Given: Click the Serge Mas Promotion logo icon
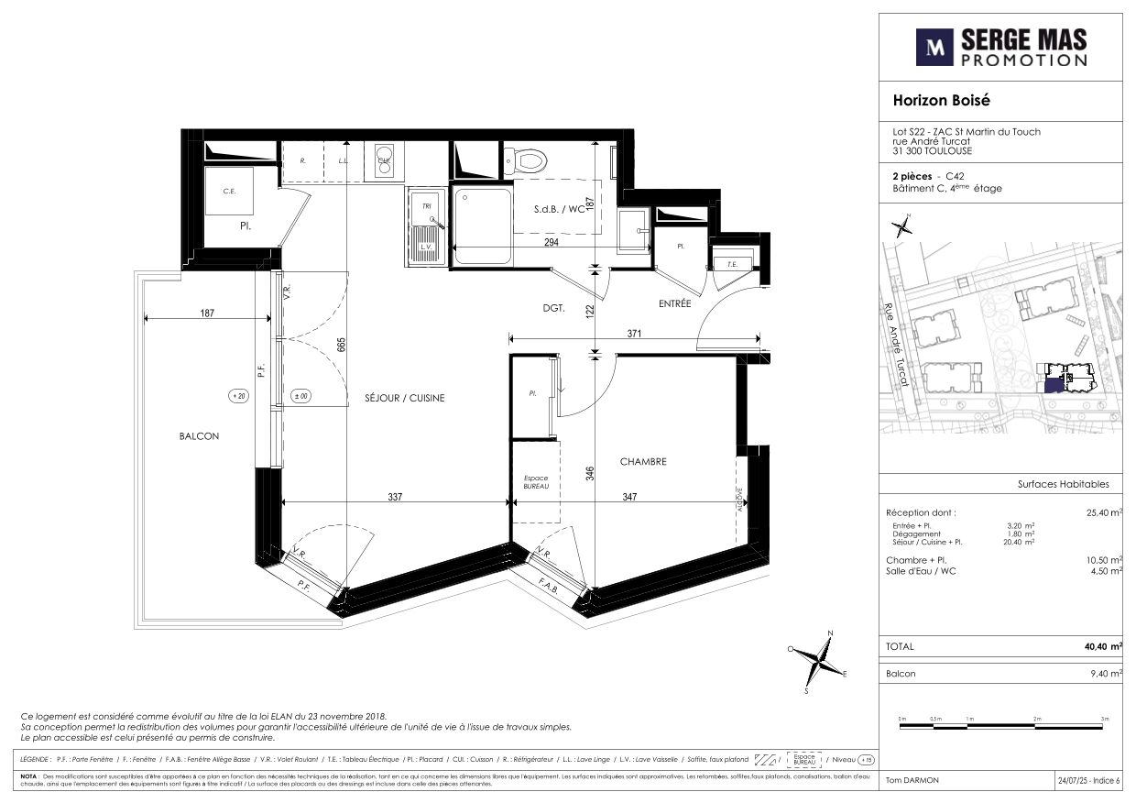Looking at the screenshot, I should [934, 48].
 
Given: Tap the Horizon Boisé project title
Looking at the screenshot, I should [941, 101].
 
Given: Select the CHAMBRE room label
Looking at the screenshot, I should [642, 462].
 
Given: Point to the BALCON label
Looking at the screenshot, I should [199, 436].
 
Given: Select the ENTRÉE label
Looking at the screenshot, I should [673, 304].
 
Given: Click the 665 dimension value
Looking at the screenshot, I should [341, 346].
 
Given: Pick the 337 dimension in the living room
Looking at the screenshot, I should [395, 497].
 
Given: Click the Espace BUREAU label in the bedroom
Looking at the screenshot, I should [535, 482].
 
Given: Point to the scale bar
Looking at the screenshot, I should [1003, 726].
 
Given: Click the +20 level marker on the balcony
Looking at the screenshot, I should [239, 397].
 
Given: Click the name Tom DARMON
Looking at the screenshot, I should [912, 780].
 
